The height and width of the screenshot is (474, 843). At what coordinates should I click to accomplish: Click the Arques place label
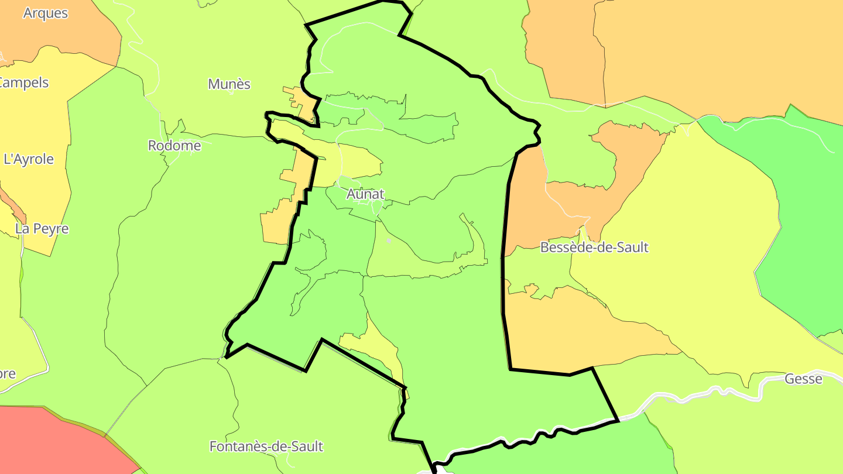(x=45, y=13)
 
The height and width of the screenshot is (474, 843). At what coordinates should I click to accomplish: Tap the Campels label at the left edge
(x=25, y=83)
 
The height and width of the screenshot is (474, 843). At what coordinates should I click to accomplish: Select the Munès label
(x=229, y=84)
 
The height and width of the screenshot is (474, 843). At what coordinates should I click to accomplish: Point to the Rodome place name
(x=174, y=146)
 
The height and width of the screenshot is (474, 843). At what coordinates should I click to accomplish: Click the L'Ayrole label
(x=29, y=159)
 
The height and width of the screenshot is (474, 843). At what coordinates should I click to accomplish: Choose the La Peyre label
(x=42, y=229)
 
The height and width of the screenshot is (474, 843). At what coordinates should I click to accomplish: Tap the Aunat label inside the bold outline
(x=365, y=194)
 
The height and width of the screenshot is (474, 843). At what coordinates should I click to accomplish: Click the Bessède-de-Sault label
(x=594, y=248)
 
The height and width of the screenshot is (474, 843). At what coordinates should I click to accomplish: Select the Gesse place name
(x=803, y=379)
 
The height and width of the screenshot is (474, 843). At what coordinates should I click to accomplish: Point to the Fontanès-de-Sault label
(x=266, y=446)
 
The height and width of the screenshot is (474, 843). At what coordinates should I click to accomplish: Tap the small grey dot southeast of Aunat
(x=389, y=241)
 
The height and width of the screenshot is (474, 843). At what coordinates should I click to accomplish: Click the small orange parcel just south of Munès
(x=300, y=102)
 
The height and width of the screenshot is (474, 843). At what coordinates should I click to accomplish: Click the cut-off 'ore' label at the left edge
(x=8, y=373)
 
